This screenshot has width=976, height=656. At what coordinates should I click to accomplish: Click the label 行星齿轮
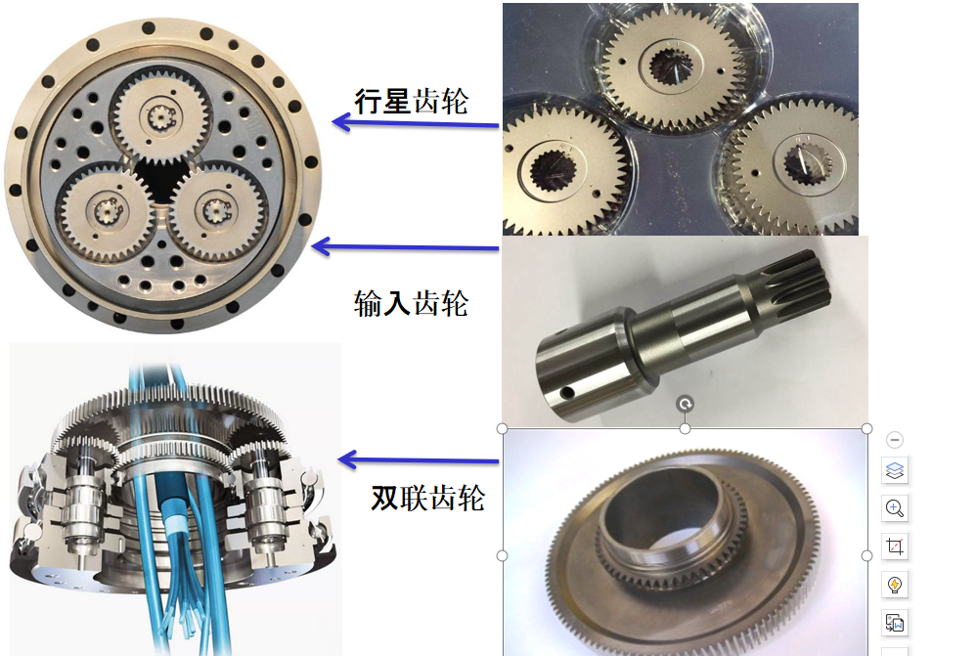[x=412, y=101]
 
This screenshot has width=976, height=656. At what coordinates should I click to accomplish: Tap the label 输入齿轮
[x=412, y=304]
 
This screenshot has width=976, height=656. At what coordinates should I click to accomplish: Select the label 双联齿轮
[x=428, y=498]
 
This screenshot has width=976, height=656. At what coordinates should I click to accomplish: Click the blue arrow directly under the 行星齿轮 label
[x=416, y=122]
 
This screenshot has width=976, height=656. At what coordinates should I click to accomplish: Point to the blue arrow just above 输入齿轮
[x=405, y=247]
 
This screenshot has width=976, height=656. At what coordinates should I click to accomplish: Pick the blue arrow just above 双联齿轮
[x=419, y=460]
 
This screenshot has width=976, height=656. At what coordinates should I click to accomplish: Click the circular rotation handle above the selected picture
[x=685, y=404]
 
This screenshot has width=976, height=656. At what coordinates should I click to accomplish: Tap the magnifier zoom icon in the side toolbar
[x=895, y=508]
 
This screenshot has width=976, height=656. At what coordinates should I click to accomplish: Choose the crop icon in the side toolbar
[x=895, y=547]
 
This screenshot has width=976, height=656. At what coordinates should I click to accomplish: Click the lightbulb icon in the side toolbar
[x=895, y=585]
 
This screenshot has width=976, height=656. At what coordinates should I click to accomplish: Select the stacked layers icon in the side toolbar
[x=895, y=470]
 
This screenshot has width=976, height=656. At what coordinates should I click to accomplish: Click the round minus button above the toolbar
[x=895, y=440]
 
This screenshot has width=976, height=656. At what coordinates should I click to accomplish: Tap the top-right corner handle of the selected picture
[x=866, y=429]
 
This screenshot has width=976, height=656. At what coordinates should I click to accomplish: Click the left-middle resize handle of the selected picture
[x=503, y=556]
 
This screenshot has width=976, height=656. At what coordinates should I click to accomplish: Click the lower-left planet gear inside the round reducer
[x=107, y=211]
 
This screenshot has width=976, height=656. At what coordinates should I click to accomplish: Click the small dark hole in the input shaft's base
[x=567, y=393]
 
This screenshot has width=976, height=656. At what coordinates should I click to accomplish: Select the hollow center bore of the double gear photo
[x=664, y=511]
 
